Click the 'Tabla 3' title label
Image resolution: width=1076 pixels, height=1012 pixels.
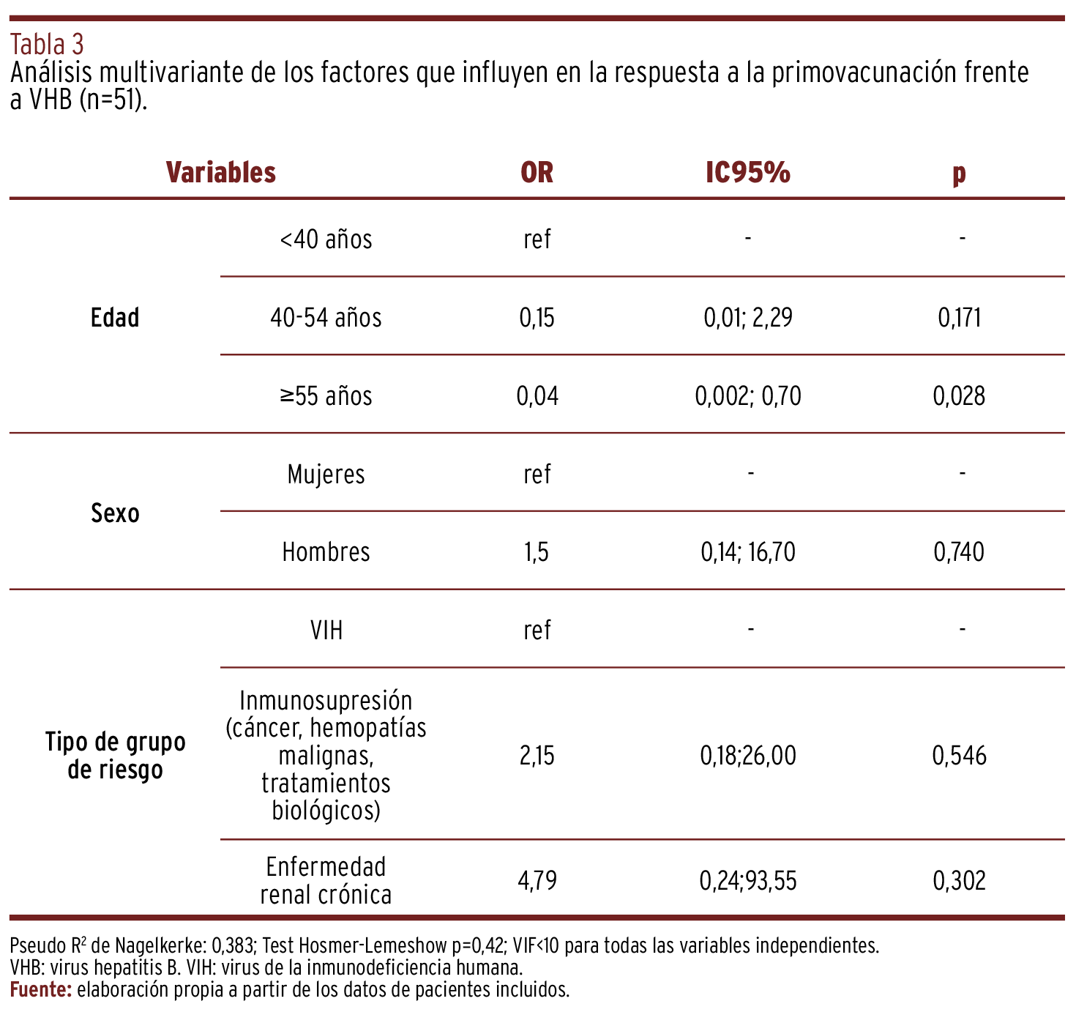tap(47, 45)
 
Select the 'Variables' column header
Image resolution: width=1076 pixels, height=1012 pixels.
tap(221, 172)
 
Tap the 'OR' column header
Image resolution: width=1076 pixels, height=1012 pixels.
tap(537, 172)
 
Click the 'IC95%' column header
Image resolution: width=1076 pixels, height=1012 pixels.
tap(747, 172)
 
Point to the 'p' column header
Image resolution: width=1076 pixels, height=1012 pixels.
tap(959, 174)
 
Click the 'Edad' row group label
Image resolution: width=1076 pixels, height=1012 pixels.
tap(115, 318)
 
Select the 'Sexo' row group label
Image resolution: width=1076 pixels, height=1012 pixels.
tap(115, 513)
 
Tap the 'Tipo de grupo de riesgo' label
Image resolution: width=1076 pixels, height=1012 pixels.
tap(115, 756)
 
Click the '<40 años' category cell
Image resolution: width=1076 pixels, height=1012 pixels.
tap(326, 239)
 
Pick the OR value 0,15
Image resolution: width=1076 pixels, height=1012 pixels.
tap(537, 318)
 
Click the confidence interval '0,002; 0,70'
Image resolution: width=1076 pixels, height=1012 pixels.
tap(747, 395)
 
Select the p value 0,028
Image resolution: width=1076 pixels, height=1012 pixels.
tap(959, 395)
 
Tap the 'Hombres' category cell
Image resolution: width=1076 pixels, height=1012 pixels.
tap(326, 552)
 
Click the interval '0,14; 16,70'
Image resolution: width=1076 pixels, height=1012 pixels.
tap(747, 552)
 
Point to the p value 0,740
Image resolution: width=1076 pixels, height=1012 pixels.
tap(959, 552)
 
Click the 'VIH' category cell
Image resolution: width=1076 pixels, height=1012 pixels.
tap(326, 630)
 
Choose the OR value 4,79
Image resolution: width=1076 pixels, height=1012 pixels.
tap(537, 880)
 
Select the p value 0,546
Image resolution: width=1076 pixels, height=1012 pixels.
tap(959, 756)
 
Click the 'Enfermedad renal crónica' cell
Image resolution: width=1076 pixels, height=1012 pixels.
tap(326, 880)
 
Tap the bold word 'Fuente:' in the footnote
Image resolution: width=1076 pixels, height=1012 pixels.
tap(41, 990)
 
